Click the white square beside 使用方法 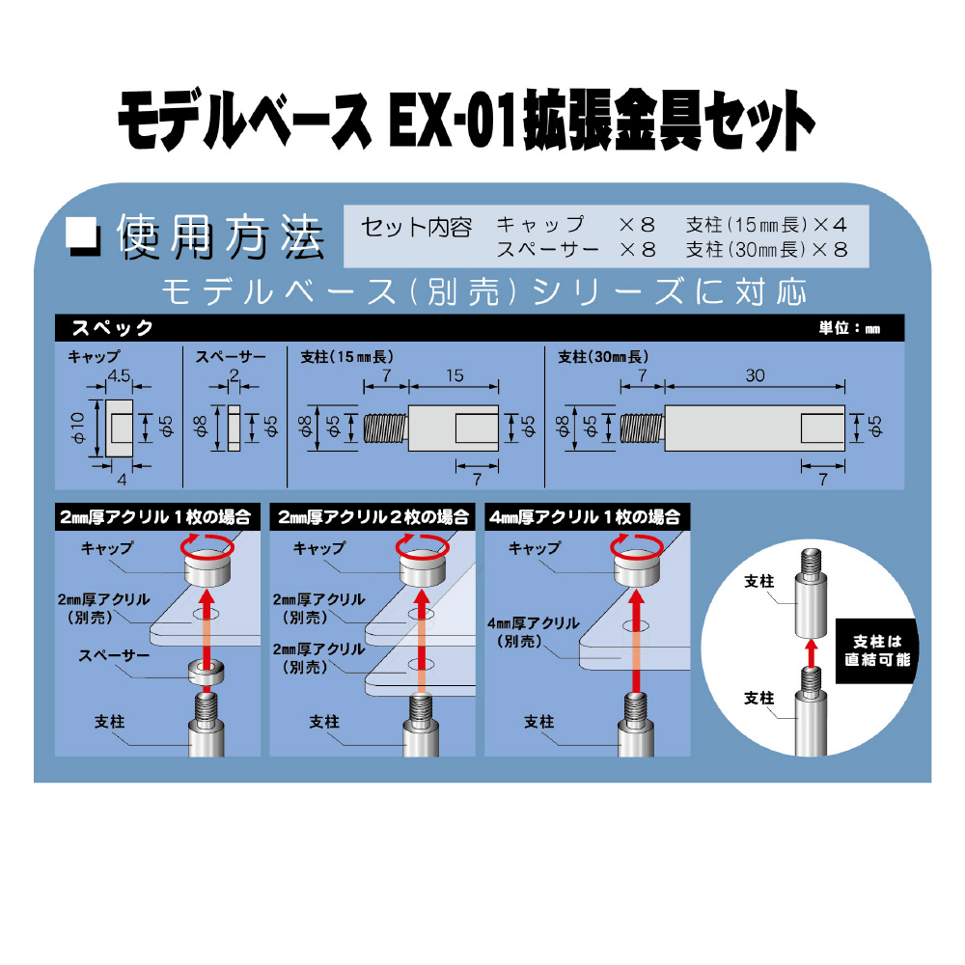pos(82,234)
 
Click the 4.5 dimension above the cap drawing pos(119,375)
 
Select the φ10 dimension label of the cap pos(77,427)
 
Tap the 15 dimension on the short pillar pos(455,375)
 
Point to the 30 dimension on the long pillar pos(755,375)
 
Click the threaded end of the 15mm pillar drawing pos(386,428)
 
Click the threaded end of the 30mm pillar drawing pos(643,428)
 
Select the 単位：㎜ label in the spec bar pos(849,328)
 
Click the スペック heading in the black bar pos(112,328)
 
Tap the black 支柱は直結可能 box pos(877,650)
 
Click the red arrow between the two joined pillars pos(812,652)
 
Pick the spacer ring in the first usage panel pos(207,672)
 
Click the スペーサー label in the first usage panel pos(115,655)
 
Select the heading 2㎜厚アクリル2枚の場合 pos(372,517)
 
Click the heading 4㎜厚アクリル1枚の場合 pos(585,517)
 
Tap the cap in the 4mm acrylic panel pos(637,567)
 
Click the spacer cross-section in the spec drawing pos(234,428)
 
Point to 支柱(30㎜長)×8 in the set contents pos(767,250)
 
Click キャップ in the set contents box pos(540,225)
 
